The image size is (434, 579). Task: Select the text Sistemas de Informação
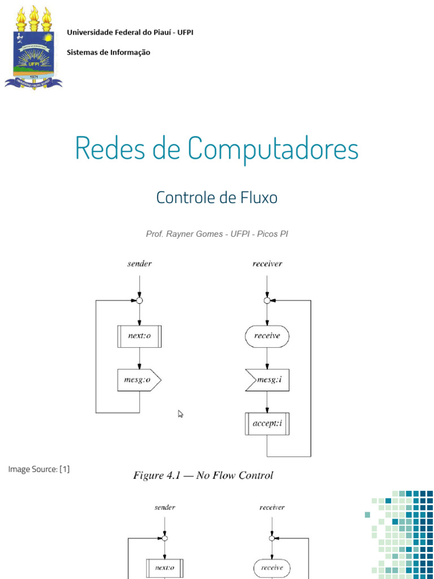pos(108,53)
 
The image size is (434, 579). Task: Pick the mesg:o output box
pos(139,380)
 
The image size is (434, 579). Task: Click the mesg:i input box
pos(268,380)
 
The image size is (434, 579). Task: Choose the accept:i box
pos(267,424)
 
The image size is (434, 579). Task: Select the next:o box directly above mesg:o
pos(139,336)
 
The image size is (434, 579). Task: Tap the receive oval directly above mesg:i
pos(267,336)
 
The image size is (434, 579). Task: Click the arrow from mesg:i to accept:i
pos(267,403)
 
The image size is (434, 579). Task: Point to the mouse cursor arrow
pos(181,414)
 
